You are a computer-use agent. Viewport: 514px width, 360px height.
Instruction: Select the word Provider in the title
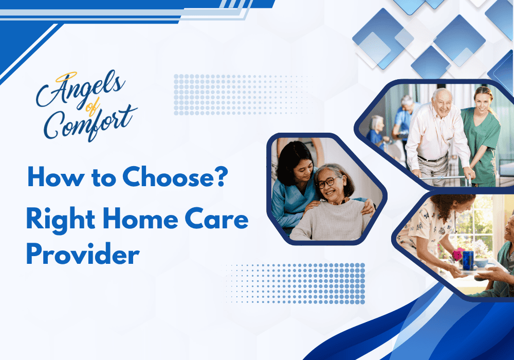click(83, 255)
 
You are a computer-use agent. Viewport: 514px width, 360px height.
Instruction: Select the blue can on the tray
click(468, 260)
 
